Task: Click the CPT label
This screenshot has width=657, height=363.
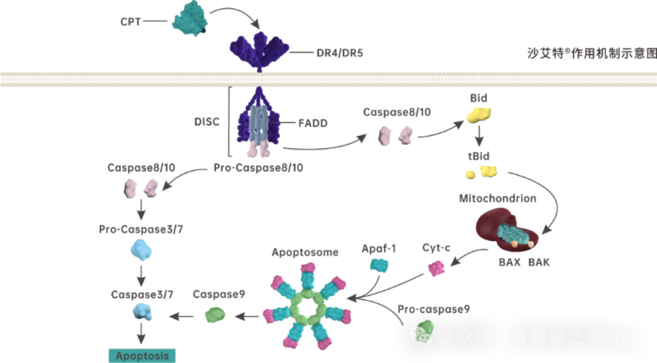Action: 130,21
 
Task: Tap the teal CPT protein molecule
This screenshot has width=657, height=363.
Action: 190,18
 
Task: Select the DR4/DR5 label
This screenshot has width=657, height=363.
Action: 340,53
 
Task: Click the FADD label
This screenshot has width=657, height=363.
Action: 313,123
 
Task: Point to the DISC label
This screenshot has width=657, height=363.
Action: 207,122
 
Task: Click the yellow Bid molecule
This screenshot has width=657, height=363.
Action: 479,115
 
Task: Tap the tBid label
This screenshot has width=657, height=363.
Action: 479,156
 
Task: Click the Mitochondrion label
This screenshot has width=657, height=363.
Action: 498,198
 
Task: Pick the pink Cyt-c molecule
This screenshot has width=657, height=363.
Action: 436,268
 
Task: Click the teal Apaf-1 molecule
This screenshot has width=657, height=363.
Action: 379,266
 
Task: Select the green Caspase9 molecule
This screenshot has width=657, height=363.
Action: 215,315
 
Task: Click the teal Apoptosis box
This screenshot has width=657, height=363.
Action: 142,356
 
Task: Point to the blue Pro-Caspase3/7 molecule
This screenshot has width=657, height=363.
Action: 141,250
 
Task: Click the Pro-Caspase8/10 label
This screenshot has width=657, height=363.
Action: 258,168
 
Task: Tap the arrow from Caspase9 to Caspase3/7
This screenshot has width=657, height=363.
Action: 181,317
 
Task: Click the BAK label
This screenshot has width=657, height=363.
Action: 539,263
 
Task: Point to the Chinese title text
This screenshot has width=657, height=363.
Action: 592,53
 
